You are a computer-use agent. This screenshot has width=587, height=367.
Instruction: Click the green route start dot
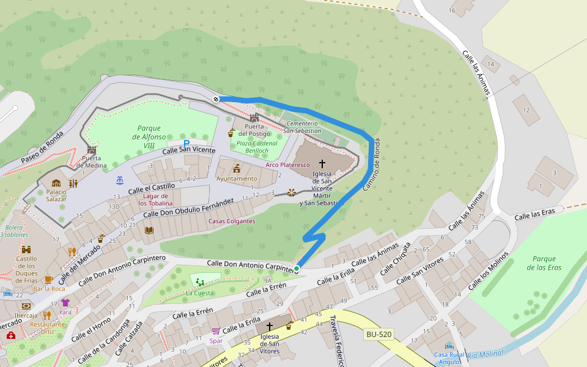coord(297,269)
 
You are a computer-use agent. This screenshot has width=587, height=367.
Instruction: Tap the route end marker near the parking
coord(216,99)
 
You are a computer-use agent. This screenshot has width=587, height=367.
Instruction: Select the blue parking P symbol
coord(186,143)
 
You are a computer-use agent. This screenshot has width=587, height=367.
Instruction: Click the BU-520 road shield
coord(378,334)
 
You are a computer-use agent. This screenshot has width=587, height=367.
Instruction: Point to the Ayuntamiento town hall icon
coord(237,168)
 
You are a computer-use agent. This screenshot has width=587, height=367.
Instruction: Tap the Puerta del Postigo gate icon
coord(254,117)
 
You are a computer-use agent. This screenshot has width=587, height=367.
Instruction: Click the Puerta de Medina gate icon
coord(92,149)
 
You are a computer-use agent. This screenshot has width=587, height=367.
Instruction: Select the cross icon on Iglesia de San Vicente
coord(322,165)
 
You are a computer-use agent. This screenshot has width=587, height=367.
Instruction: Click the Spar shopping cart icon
coord(216,331)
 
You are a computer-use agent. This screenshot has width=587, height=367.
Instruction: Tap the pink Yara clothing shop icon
coord(65,303)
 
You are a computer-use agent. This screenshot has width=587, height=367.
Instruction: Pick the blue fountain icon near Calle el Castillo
coord(119,180)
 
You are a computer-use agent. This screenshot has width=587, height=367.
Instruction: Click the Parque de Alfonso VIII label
coord(149,132)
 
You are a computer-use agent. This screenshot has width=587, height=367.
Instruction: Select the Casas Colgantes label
coord(232,221)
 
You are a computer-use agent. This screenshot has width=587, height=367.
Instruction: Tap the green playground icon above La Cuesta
coord(200,282)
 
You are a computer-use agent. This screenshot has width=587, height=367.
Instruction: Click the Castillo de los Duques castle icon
coord(26,250)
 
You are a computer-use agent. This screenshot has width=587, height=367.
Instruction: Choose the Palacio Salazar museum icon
coord(56,183)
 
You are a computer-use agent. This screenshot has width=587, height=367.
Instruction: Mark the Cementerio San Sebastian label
coord(300,127)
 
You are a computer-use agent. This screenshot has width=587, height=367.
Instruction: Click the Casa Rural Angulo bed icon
coord(449,346)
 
